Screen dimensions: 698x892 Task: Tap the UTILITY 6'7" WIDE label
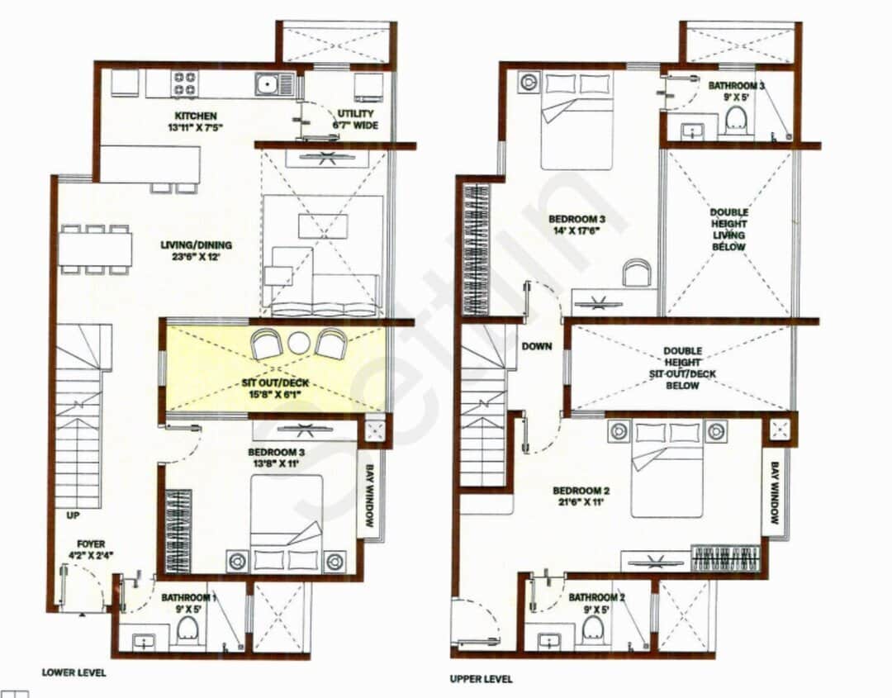355,119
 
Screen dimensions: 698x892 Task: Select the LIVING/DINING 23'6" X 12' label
196,250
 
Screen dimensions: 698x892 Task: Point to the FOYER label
91,549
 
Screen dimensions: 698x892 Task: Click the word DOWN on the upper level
536,347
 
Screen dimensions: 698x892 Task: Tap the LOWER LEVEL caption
74,672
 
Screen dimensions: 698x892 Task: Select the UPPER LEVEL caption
481,679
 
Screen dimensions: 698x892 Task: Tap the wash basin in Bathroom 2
548,641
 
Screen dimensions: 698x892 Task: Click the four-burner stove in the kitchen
184,84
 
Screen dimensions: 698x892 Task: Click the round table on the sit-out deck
298,341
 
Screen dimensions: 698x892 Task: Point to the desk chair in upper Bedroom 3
636,273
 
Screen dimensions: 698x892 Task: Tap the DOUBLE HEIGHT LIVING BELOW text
729,230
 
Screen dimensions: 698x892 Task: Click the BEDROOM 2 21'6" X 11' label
582,497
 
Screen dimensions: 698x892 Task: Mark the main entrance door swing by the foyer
83,588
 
